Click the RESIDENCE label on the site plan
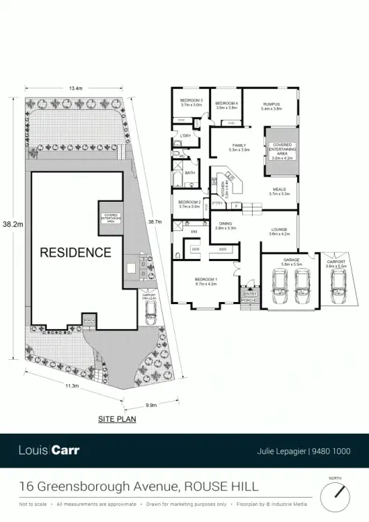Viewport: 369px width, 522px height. pos(75,252)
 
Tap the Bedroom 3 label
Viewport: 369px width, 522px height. pos(191,102)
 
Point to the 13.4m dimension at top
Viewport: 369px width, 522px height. pos(76,88)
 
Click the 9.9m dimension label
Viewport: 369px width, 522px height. pos(151,405)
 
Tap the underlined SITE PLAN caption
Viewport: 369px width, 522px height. pos(117,420)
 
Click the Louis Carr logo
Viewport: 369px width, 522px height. pos(49,450)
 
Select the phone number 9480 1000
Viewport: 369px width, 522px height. pos(333,450)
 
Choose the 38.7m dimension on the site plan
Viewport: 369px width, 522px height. pos(155,222)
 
